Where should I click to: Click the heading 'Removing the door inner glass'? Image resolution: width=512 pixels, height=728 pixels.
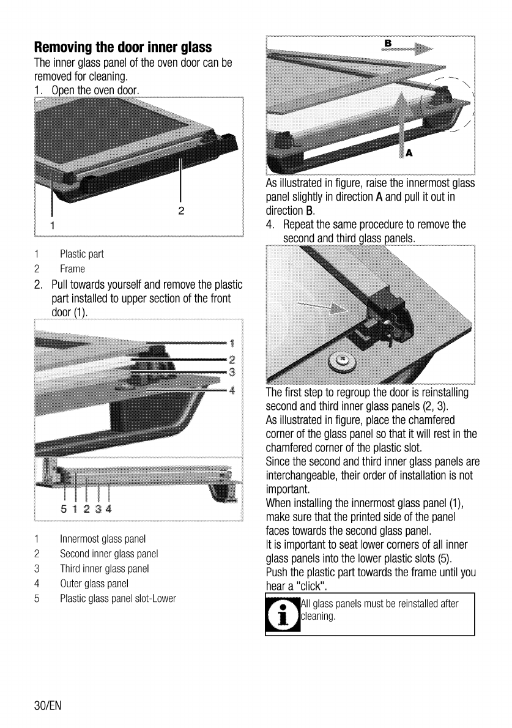coord(123,47)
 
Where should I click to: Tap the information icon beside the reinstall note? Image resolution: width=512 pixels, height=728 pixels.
coord(282,615)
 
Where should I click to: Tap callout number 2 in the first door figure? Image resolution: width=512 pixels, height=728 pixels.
coord(180,210)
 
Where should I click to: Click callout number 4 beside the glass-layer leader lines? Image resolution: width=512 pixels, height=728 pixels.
coord(232,392)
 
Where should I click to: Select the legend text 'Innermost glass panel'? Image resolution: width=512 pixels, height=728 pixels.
coord(102,539)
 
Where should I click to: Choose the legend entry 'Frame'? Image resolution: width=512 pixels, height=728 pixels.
coord(72,269)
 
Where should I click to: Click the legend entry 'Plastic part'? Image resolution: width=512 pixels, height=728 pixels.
coord(81,254)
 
